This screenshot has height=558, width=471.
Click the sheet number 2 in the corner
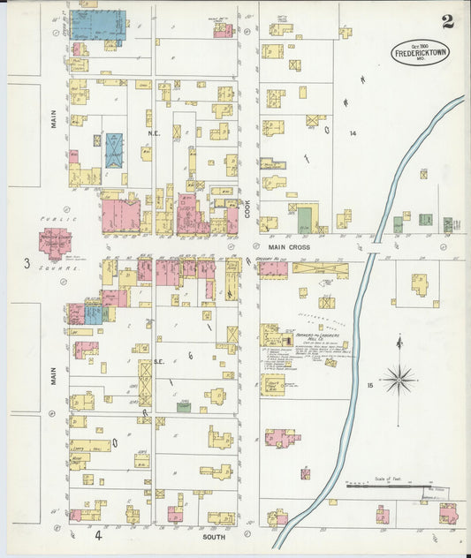[448, 22]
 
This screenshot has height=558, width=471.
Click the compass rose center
[399, 379]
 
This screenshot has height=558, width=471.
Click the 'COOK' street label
[248, 208]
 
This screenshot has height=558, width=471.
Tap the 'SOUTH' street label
[214, 535]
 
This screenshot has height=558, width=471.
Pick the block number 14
[352, 133]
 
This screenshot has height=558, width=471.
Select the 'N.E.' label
[152, 134]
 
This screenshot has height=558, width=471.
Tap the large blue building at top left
[97, 24]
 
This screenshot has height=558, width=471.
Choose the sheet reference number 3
[27, 263]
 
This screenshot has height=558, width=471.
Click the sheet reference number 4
[99, 535]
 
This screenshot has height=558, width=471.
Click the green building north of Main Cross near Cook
[305, 220]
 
